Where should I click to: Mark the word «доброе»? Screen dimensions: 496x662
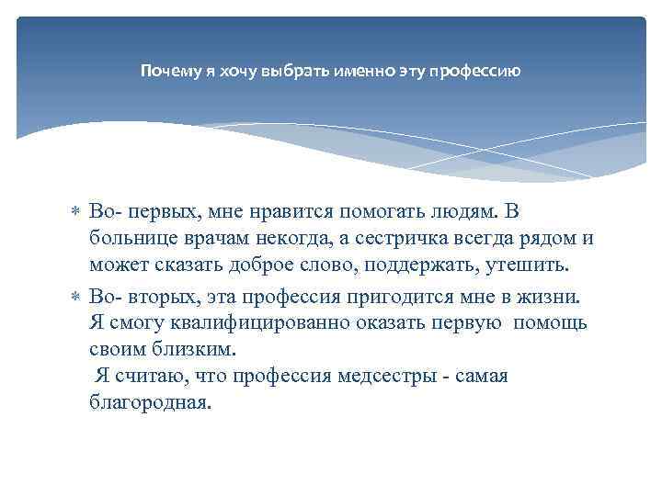coord(271,265)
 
